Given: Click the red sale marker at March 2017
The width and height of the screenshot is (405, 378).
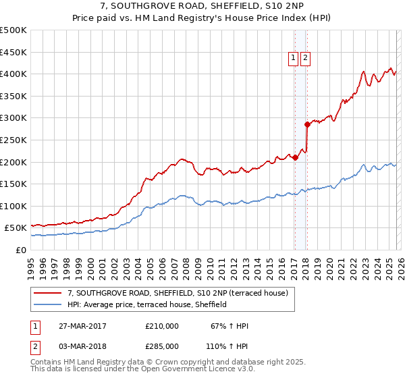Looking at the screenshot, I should point(295,157).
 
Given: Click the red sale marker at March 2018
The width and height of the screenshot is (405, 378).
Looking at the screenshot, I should point(306,124).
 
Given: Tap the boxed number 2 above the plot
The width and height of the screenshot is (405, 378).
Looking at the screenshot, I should point(306,59).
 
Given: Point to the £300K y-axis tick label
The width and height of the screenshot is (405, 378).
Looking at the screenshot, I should point(13,118).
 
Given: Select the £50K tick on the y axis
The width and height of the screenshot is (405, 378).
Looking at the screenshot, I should point(16,228).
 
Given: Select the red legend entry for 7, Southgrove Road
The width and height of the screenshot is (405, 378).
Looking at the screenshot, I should point(178,293).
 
